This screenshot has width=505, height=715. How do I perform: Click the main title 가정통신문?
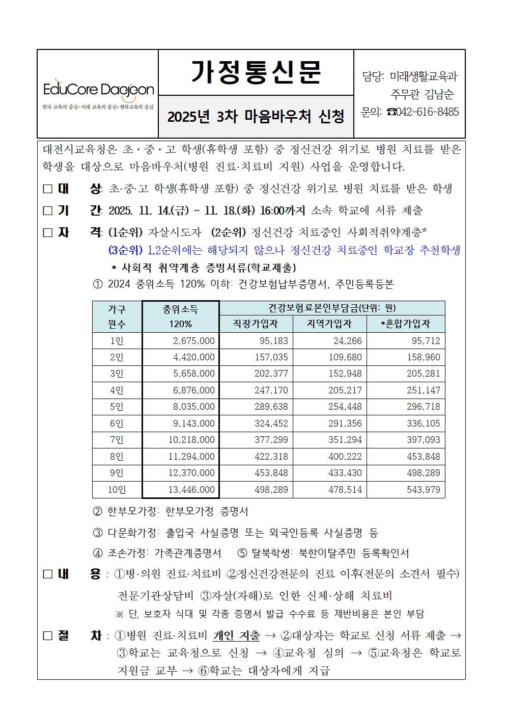coord(256,72)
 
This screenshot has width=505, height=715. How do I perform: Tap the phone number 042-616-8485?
coord(427,112)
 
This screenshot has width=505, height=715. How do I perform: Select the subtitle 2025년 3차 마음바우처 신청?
coord(256,117)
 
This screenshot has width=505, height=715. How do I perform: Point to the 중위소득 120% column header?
coord(180,316)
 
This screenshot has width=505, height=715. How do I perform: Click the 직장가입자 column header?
coord(256,324)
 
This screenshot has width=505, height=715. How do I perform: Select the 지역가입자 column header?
coord(329,324)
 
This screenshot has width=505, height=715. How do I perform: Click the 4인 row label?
coord(117,390)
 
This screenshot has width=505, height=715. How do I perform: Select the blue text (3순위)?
coord(125,250)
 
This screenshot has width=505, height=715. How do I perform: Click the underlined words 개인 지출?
coord(236,635)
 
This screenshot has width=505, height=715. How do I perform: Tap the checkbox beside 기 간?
coord(48,210)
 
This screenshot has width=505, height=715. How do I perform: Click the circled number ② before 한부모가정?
coord(97,511)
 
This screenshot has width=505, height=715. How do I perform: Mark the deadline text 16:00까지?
coord(283,210)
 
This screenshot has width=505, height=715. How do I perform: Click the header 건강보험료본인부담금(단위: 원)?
coord(332,308)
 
